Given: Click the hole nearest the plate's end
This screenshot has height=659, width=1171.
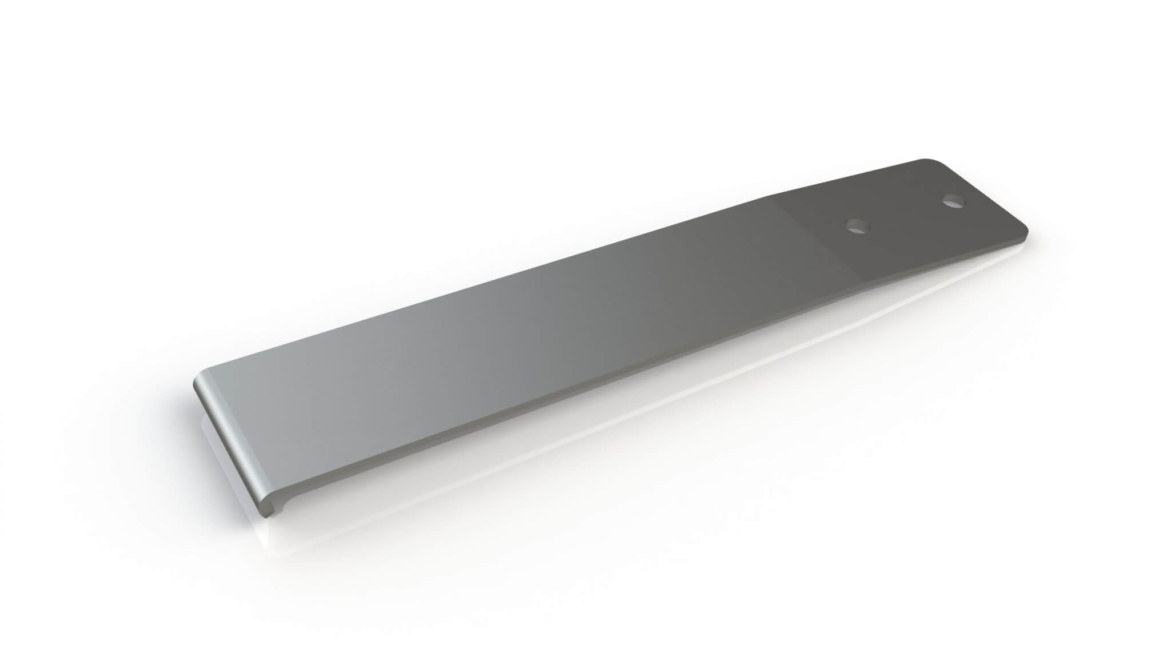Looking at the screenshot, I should tap(953, 201).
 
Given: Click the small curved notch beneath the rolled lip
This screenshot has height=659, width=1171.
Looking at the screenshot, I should tap(280, 505).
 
